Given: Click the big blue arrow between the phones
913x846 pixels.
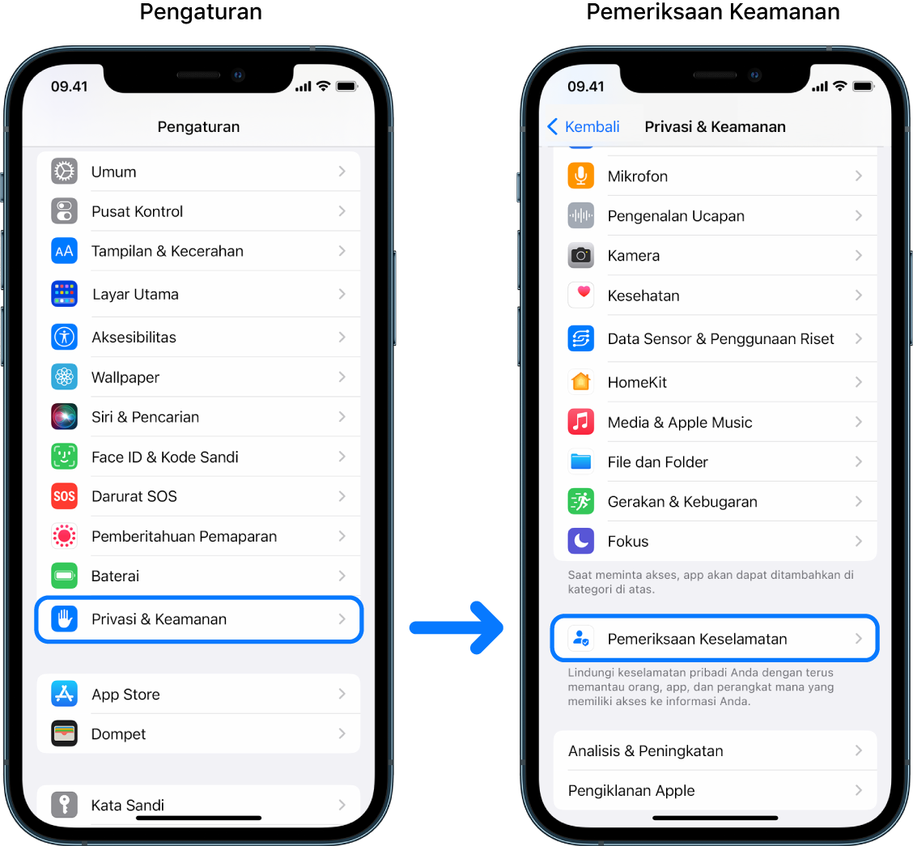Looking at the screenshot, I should pyautogui.click(x=456, y=627).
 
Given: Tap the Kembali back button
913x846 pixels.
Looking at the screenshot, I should pyautogui.click(x=583, y=126).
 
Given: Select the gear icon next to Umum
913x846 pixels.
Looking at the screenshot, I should pyautogui.click(x=64, y=172).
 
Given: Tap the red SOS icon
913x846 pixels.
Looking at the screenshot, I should pyautogui.click(x=64, y=496).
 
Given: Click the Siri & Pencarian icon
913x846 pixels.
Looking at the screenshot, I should pyautogui.click(x=64, y=417).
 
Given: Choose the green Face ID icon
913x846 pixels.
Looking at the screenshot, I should pyautogui.click(x=64, y=457).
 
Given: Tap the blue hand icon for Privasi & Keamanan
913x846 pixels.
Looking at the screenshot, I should pyautogui.click(x=64, y=619).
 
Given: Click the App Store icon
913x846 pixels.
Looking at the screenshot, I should pyautogui.click(x=64, y=695).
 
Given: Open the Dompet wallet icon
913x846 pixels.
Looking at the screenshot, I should pyautogui.click(x=64, y=734).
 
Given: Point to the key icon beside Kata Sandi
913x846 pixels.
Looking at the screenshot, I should pyautogui.click(x=64, y=805).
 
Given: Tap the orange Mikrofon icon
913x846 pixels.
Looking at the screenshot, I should pyautogui.click(x=580, y=176).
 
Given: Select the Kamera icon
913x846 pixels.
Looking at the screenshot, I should pyautogui.click(x=580, y=256).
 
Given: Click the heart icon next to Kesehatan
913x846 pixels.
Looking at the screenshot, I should pyautogui.click(x=580, y=295).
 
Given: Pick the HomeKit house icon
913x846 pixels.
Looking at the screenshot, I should pyautogui.click(x=580, y=382).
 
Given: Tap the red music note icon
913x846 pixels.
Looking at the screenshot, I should pyautogui.click(x=580, y=422).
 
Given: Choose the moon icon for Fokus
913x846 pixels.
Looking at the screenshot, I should pyautogui.click(x=580, y=541).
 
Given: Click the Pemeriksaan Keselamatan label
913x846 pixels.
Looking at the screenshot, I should pyautogui.click(x=697, y=639).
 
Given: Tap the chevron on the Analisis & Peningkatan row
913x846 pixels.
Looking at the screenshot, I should pyautogui.click(x=858, y=750).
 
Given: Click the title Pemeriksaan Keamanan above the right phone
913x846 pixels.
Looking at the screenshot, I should pyautogui.click(x=712, y=12).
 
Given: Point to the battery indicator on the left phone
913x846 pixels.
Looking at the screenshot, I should pyautogui.click(x=346, y=87).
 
